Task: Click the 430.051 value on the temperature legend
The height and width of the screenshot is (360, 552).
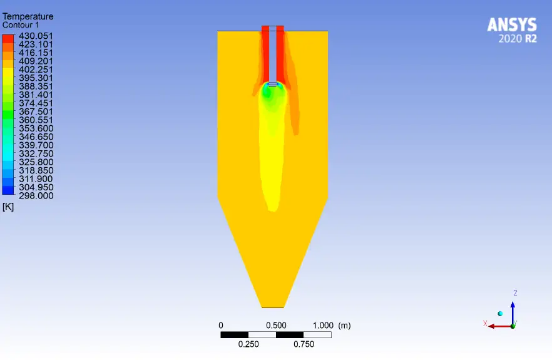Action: pos(36,36)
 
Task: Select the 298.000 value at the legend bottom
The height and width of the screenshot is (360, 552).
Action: pos(36,196)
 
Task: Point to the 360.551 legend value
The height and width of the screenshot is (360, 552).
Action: pos(36,120)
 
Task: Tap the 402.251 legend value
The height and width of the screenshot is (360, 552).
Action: pos(36,69)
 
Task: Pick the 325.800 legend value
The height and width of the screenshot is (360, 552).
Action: pos(36,162)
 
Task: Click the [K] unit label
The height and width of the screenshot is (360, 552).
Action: pos(8,207)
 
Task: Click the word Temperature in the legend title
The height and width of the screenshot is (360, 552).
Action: pos(28,16)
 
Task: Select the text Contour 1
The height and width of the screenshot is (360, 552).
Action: pos(21,25)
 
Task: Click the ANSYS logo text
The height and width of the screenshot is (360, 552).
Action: pos(512,25)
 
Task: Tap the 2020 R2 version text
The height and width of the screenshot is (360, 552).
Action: pos(518,38)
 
